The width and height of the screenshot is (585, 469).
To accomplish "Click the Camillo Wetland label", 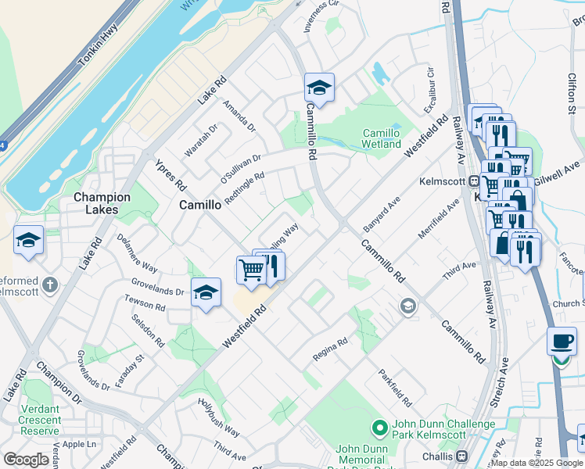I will tap(381, 138).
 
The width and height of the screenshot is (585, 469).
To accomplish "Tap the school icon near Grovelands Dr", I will tap(205, 293).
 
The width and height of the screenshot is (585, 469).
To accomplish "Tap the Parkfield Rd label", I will tap(395, 388).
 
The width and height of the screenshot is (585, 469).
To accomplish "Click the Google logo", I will tap(26, 460).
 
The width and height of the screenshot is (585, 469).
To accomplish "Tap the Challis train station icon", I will tap(462, 456).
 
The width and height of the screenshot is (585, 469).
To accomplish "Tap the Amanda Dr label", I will tap(239, 115).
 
